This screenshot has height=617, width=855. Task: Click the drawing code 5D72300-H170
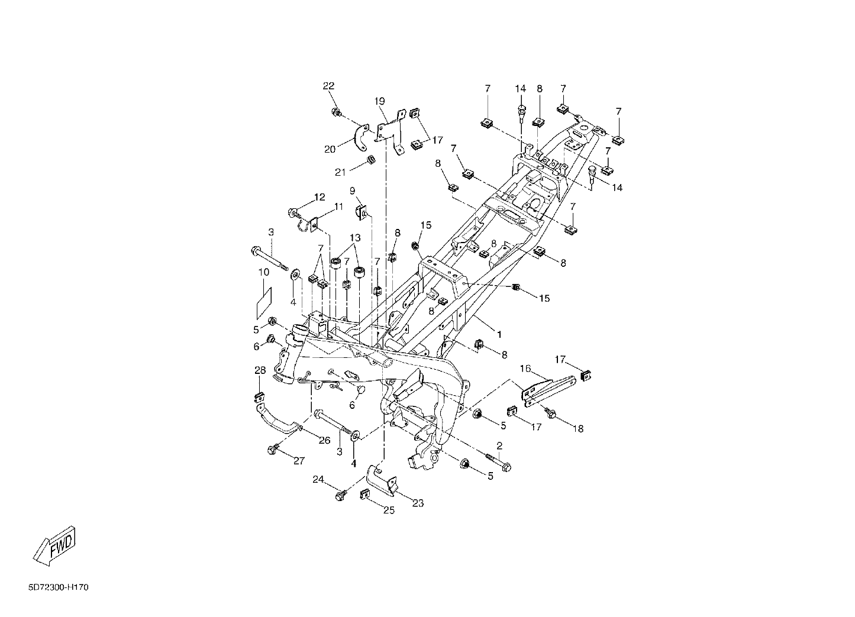click(59, 587)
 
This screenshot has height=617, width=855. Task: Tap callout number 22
click(328, 86)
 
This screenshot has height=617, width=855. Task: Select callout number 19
click(379, 102)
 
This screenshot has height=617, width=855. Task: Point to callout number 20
click(330, 150)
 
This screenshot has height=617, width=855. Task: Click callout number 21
click(340, 173)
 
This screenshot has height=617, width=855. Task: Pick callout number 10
click(264, 273)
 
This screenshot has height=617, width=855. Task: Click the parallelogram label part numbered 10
click(264, 303)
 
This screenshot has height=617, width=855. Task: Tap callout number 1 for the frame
click(499, 334)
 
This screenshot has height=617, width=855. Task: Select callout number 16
click(525, 369)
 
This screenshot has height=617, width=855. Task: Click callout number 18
click(578, 429)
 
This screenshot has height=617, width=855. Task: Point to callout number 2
click(499, 445)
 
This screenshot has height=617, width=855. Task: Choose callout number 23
click(418, 503)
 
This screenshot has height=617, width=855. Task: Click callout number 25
click(389, 511)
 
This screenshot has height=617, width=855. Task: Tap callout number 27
click(299, 461)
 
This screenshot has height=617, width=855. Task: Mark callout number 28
click(260, 370)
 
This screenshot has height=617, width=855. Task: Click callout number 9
click(352, 190)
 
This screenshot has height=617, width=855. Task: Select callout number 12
click(320, 197)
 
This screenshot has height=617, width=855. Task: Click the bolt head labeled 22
click(336, 112)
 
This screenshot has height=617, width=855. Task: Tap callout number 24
click(318, 479)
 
